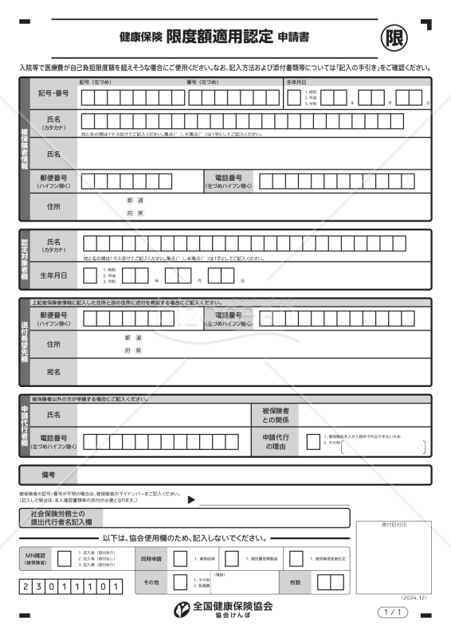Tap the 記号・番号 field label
click(x=53, y=94)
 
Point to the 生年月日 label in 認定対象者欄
click(x=53, y=276)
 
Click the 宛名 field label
click(x=53, y=371)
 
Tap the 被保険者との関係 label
click(x=276, y=415)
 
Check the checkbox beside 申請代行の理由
click(x=313, y=443)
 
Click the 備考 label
click(x=49, y=475)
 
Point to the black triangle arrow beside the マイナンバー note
click(x=191, y=500)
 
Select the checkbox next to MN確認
click(x=65, y=559)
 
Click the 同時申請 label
click(x=151, y=559)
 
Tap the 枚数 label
click(x=296, y=583)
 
